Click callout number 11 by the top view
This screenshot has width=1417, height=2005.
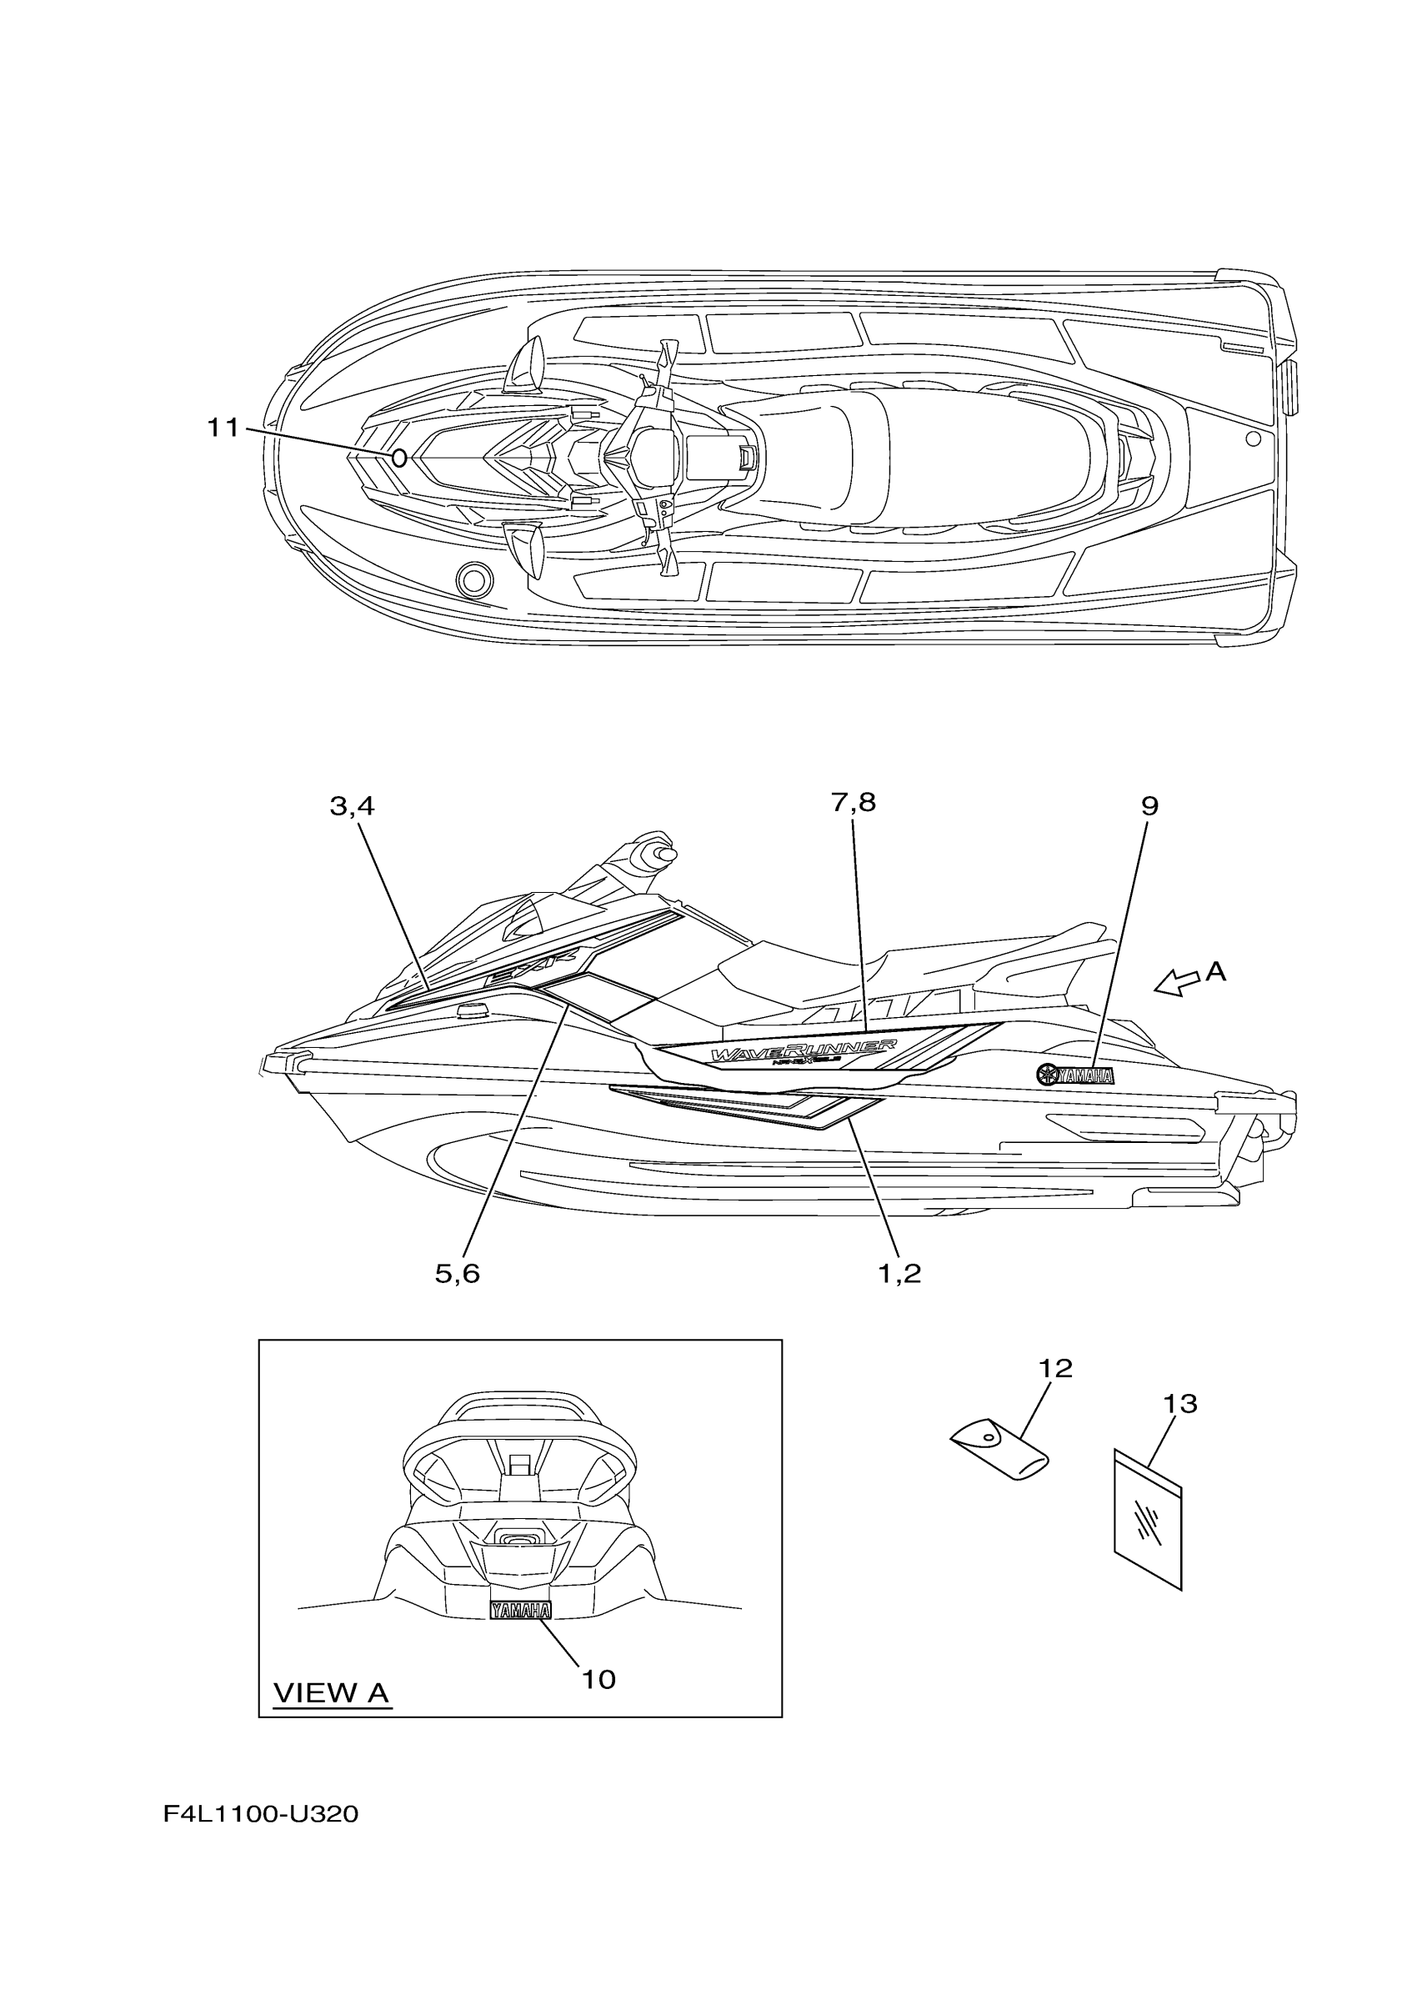[223, 428]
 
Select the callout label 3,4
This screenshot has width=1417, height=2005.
[352, 806]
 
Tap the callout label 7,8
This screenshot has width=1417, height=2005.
[853, 802]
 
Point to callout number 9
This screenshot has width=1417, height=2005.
[1149, 806]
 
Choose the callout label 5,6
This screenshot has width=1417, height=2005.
[458, 1274]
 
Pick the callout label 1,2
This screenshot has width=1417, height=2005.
[899, 1274]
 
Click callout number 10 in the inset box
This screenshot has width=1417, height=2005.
[599, 1679]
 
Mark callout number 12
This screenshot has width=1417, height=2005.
[1055, 1368]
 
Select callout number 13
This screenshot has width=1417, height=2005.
[1179, 1404]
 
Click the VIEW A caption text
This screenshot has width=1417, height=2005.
[331, 1692]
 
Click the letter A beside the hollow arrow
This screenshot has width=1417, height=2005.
[1216, 970]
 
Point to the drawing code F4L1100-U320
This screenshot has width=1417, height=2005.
[260, 1815]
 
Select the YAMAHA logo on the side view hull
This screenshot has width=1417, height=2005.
[1074, 1075]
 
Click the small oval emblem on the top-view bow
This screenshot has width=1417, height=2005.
[398, 458]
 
